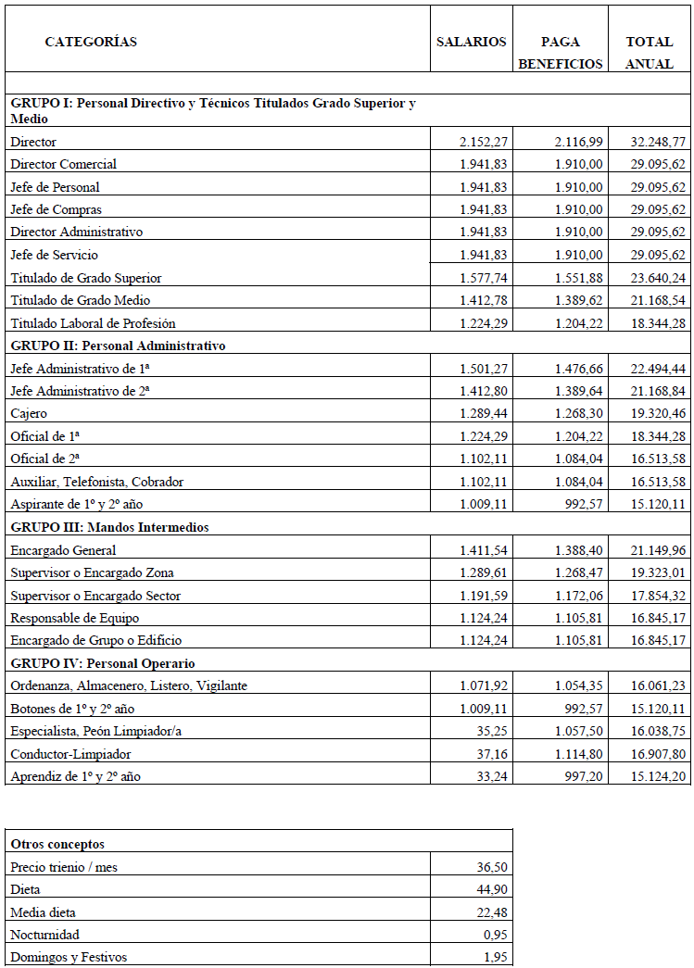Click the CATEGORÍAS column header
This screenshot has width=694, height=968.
coord(91,42)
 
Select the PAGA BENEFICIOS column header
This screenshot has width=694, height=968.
coord(561,53)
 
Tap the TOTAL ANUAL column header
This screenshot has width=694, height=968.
coord(650,53)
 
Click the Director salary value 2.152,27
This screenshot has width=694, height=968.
coord(483,142)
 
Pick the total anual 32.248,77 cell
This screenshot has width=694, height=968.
coord(654,142)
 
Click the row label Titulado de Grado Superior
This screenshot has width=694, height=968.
coord(86,278)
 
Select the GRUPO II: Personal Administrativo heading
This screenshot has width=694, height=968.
coord(118,346)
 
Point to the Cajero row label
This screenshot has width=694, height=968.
coord(29,413)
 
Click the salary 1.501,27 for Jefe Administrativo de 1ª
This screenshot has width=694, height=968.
coord(483,369)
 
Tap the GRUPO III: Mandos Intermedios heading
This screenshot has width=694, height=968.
coord(109,527)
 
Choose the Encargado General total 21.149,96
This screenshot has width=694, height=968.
coord(654,550)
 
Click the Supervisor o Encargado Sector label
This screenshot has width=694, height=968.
coord(95,596)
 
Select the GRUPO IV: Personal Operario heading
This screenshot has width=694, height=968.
coord(102,663)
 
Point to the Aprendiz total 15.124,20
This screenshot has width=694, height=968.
coord(654,776)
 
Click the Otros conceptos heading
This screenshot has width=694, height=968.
coord(57,844)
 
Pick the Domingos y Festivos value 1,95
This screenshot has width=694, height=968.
coord(495,957)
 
